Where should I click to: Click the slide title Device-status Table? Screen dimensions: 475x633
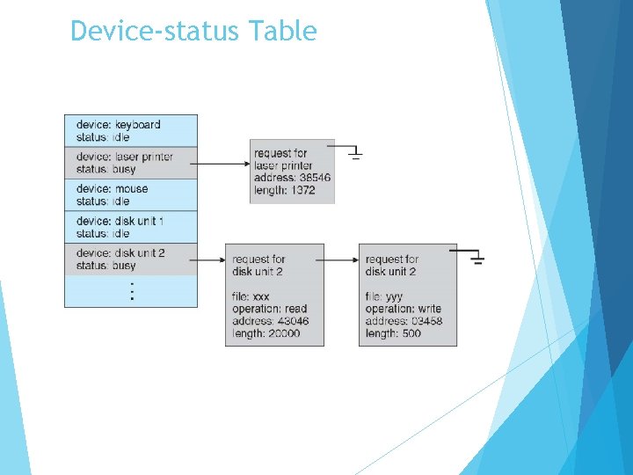pyautogui.click(x=193, y=32)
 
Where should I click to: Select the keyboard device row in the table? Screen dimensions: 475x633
pyautogui.click(x=131, y=131)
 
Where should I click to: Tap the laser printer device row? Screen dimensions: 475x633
pyautogui.click(x=131, y=163)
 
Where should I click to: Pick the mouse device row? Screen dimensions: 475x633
pyautogui.click(x=131, y=195)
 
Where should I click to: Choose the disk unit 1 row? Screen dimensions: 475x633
pyautogui.click(x=131, y=227)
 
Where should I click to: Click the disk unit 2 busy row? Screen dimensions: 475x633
pyautogui.click(x=131, y=259)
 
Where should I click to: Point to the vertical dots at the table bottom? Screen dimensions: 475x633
pyautogui.click(x=132, y=292)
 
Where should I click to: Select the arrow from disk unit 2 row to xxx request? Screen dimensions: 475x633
pyautogui.click(x=211, y=259)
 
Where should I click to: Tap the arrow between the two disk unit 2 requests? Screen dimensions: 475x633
pyautogui.click(x=341, y=259)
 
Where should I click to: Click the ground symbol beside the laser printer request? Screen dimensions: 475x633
pyautogui.click(x=355, y=154)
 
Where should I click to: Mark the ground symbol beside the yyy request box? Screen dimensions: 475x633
pyautogui.click(x=477, y=258)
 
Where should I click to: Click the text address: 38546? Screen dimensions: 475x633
pyautogui.click(x=292, y=178)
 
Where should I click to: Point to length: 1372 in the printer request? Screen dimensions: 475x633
pyautogui.click(x=285, y=190)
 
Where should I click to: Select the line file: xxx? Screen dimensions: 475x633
pyautogui.click(x=251, y=296)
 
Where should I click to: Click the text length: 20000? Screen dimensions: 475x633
pyautogui.click(x=266, y=333)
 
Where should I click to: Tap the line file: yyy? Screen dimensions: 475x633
pyautogui.click(x=384, y=296)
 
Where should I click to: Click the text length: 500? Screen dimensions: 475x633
pyautogui.click(x=393, y=333)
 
